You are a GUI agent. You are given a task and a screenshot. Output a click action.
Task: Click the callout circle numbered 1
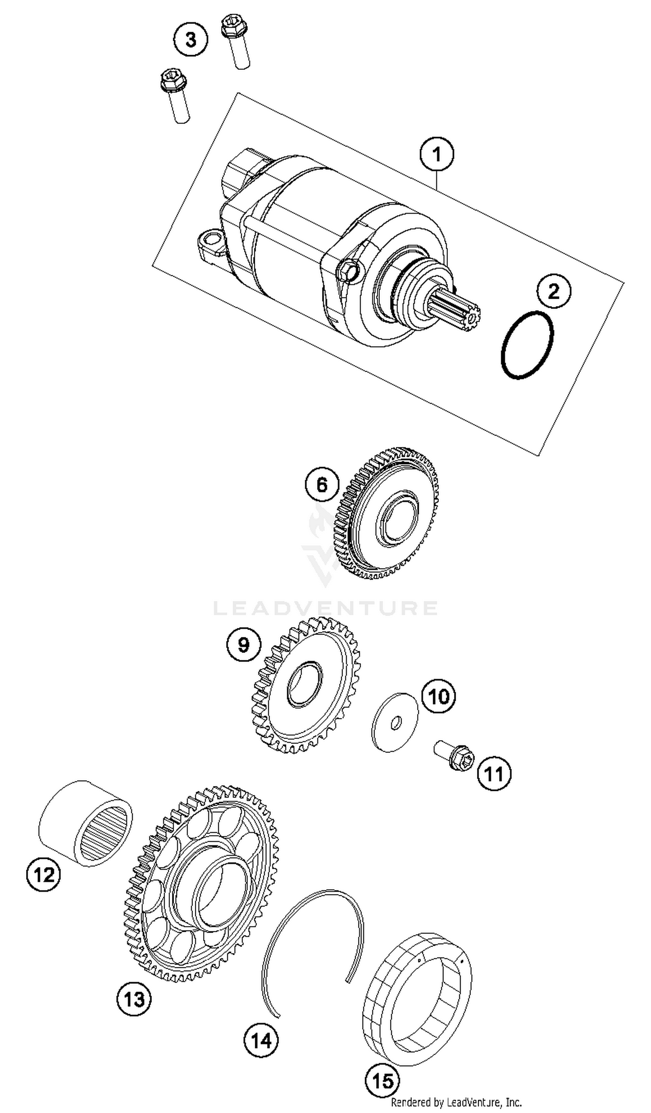437,155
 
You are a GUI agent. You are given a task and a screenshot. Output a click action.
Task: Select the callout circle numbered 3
191,40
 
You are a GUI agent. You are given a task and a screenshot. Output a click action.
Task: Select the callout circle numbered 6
322,484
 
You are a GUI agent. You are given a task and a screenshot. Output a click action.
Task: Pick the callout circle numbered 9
243,645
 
